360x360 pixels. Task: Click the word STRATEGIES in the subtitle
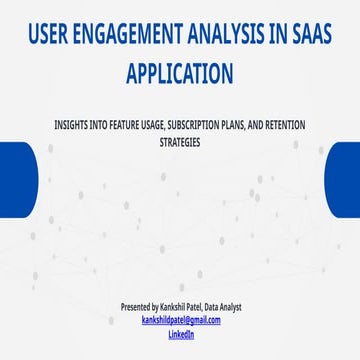tap(180, 142)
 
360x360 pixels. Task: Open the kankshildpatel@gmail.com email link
tap(180, 320)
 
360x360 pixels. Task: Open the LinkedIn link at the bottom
tap(180, 334)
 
